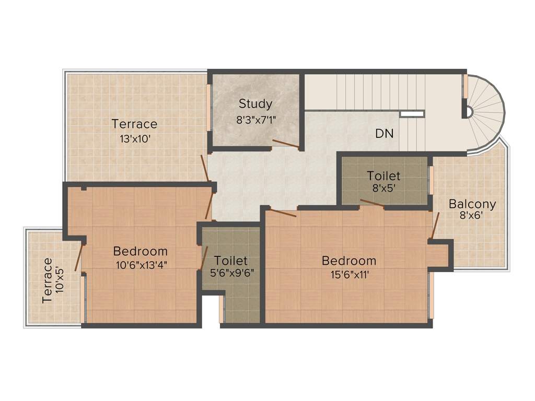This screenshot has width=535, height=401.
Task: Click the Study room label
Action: tap(255, 103)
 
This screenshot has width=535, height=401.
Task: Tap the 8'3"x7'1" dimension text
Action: tap(256, 119)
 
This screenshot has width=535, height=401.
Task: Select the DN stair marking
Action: tap(384, 133)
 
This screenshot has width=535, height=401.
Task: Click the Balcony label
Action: tap(472, 204)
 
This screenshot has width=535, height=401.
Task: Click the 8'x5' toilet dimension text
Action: tap(383, 189)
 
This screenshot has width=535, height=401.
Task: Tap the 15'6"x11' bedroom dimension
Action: tap(348, 275)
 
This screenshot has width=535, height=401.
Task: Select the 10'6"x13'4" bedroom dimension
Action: tap(141, 264)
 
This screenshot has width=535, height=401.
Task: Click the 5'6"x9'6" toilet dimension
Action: tap(230, 272)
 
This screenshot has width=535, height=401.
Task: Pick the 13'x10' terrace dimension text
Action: tap(134, 139)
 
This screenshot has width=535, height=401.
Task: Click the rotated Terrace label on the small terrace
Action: tap(48, 280)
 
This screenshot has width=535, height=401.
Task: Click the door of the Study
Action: tap(285, 144)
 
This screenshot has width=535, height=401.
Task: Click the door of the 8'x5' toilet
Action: tap(372, 204)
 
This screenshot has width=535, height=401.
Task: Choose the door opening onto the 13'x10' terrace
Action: tap(206, 168)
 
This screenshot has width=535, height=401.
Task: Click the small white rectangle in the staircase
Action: tap(412, 113)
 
